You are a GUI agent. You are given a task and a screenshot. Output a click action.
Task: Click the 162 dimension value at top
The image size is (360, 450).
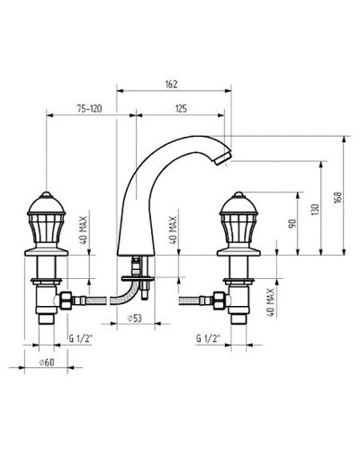tap(171, 84)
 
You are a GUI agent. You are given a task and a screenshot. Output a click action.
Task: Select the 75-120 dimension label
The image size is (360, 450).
tap(90, 108)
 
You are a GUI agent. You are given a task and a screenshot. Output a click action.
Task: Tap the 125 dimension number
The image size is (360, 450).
tap(180, 108)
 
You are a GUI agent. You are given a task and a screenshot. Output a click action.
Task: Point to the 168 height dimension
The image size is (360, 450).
tap(337, 197)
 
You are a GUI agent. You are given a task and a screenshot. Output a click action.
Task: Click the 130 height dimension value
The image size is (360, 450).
tap(314, 211)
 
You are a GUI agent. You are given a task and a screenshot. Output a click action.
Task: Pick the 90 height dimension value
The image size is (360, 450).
tap(292, 223)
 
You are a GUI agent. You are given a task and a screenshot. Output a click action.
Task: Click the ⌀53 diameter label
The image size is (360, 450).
tap(135, 319)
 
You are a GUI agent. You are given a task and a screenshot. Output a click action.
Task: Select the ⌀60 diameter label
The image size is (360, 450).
tap(47, 362)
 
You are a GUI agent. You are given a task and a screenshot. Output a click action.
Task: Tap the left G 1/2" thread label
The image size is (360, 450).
tap(80, 338)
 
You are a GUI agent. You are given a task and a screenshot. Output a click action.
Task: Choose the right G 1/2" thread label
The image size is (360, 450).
tap(208, 338)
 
